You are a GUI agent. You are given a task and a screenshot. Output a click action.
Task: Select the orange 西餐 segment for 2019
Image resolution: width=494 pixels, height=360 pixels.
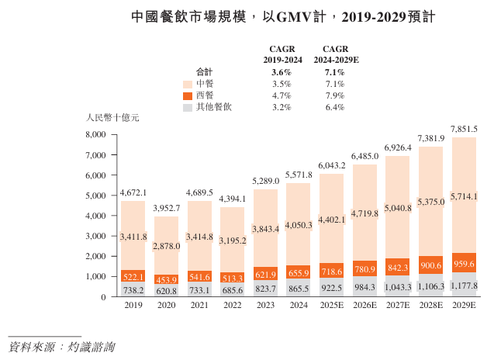133,276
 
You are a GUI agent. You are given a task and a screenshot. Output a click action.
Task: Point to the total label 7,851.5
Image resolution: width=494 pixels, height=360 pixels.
464,130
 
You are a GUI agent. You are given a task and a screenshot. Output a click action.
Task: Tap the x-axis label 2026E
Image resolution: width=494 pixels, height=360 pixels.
364,306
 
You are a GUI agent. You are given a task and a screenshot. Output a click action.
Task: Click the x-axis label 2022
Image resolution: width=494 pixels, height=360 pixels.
232,306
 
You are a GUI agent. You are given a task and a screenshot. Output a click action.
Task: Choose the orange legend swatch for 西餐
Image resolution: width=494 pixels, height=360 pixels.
188,95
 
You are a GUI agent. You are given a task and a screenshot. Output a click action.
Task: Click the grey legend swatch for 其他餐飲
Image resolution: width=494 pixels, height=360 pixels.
188,107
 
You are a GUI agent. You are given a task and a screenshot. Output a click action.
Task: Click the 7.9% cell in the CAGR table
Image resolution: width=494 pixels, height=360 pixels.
335,95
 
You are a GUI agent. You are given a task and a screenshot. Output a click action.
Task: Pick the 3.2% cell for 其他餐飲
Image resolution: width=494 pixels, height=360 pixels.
282,107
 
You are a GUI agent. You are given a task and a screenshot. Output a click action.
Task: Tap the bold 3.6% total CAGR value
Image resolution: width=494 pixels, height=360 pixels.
282,72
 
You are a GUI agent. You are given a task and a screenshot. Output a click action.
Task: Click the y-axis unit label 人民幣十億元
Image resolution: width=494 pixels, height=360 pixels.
112,118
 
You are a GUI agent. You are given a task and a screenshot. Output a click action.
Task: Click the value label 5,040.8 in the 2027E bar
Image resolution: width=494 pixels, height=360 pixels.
398,209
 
